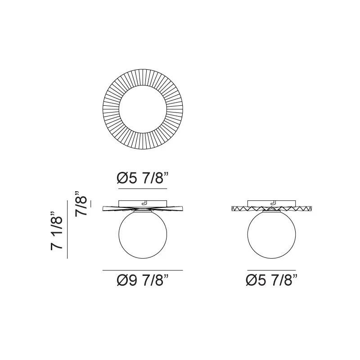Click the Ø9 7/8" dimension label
click(x=143, y=280)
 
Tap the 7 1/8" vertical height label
click(x=57, y=230)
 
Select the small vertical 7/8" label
click(x=81, y=203)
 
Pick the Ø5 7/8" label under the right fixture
click(x=271, y=280)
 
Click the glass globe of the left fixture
click(x=143, y=234)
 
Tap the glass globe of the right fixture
click(x=272, y=234)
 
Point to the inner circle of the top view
click(x=143, y=85)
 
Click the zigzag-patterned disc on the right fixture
click(x=272, y=209)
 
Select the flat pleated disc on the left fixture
click(x=143, y=209)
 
